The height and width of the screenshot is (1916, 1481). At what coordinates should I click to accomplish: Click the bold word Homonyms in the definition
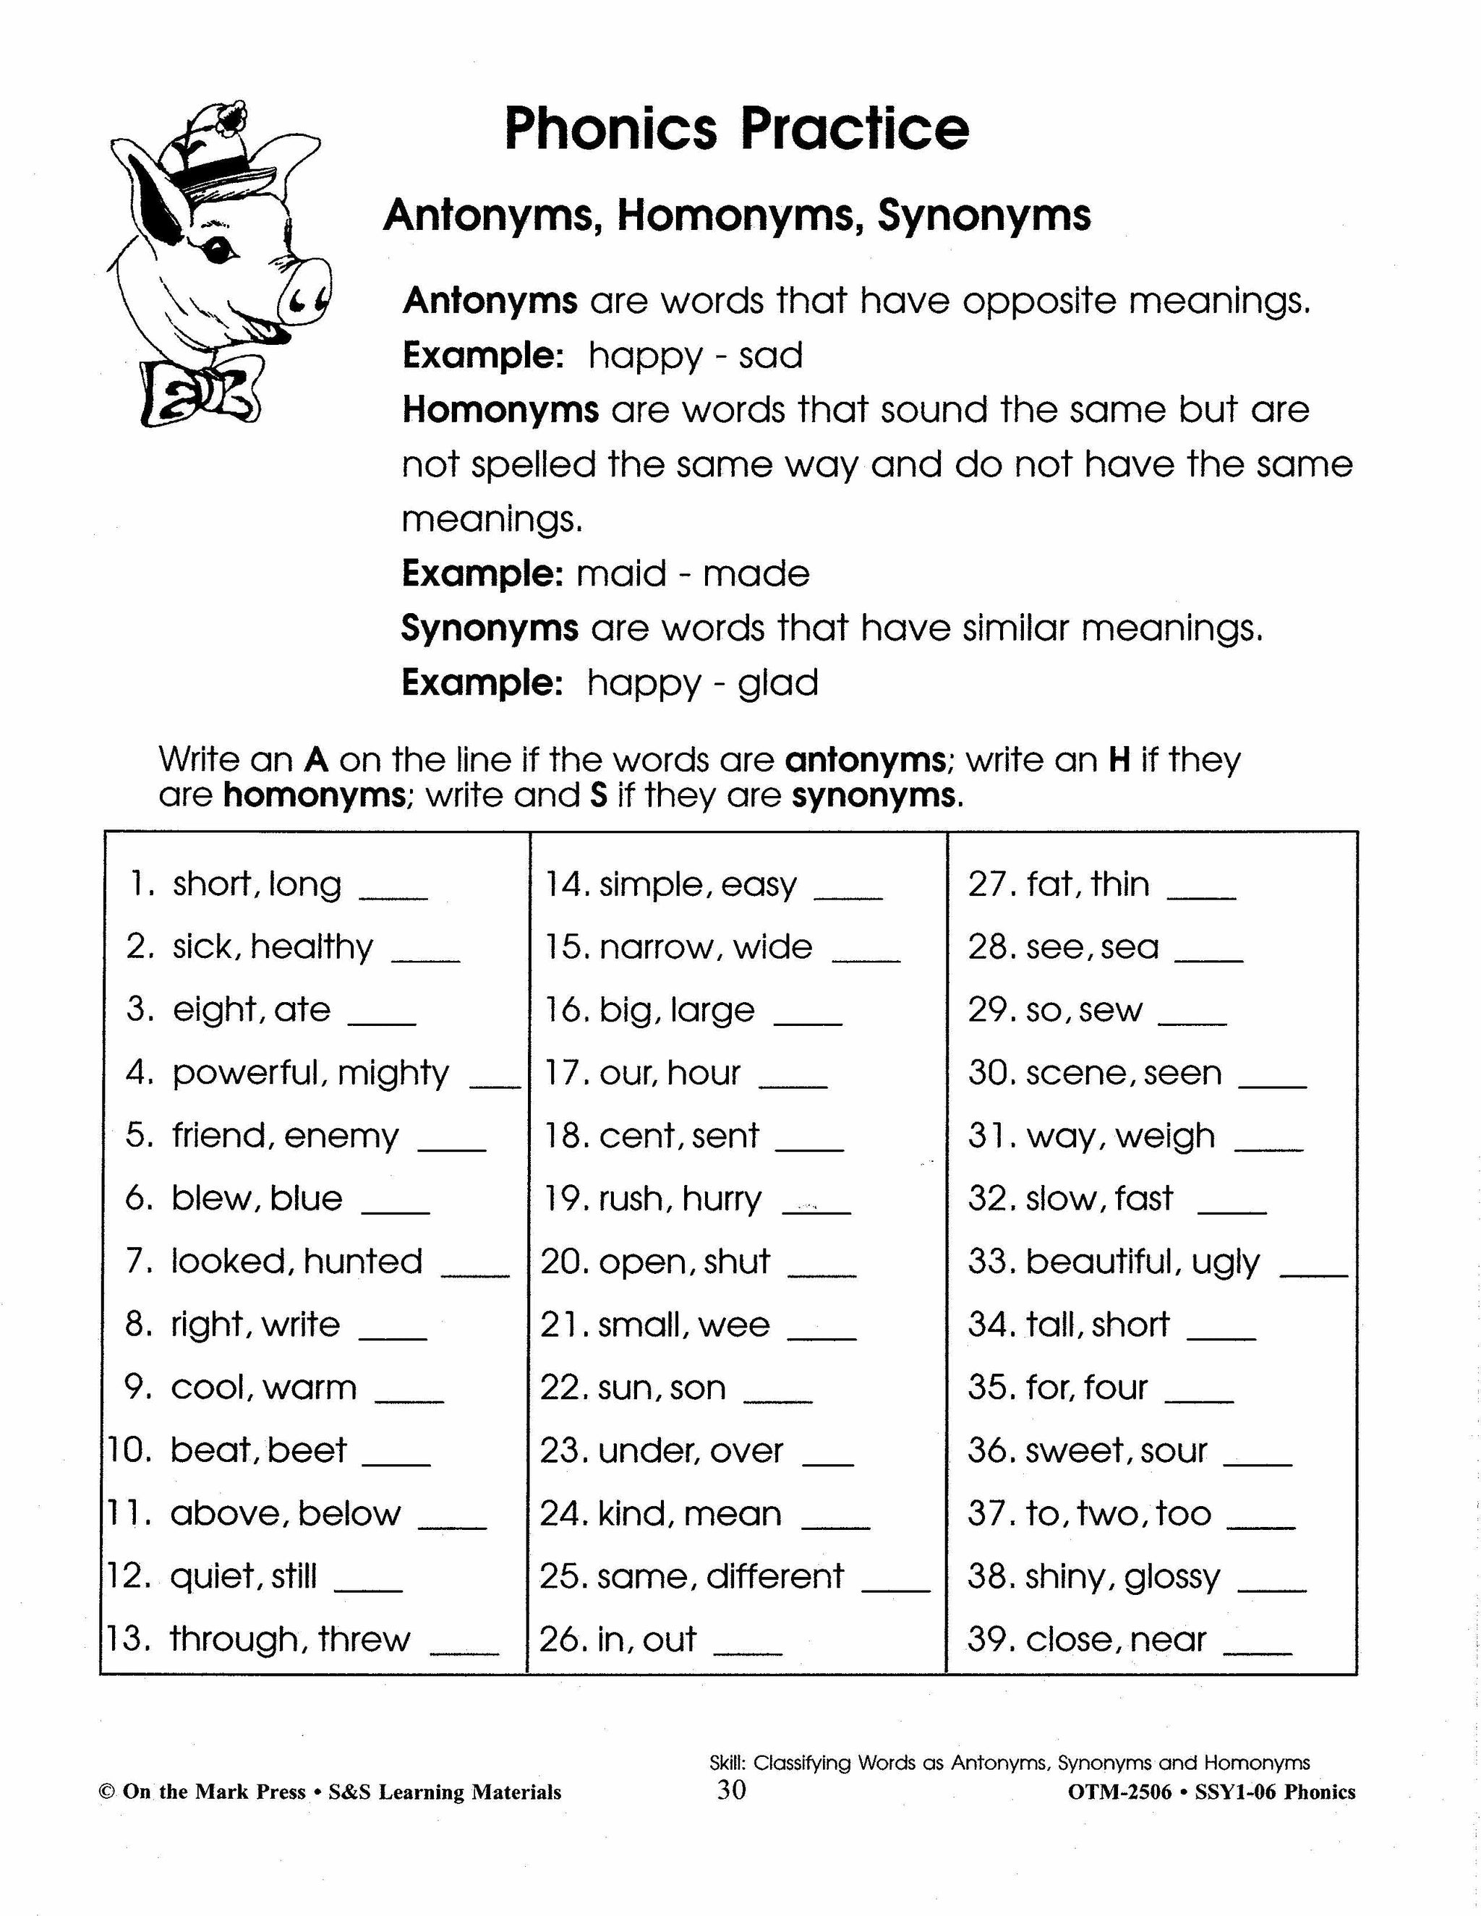point(500,410)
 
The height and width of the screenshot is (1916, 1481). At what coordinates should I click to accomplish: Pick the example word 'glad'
point(777,683)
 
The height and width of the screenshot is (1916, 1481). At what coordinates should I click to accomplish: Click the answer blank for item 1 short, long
point(394,897)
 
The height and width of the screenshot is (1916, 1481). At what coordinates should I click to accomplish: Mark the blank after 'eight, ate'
point(382,1022)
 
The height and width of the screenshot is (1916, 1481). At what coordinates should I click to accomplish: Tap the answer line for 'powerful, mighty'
point(495,1085)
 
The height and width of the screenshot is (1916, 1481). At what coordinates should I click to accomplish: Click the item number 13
point(128,1639)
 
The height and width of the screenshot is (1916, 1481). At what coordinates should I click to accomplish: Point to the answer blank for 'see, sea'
point(1208,959)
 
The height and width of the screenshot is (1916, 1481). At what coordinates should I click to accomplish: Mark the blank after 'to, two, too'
point(1260,1526)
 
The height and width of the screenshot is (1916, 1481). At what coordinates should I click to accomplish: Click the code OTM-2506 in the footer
point(1119,1792)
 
